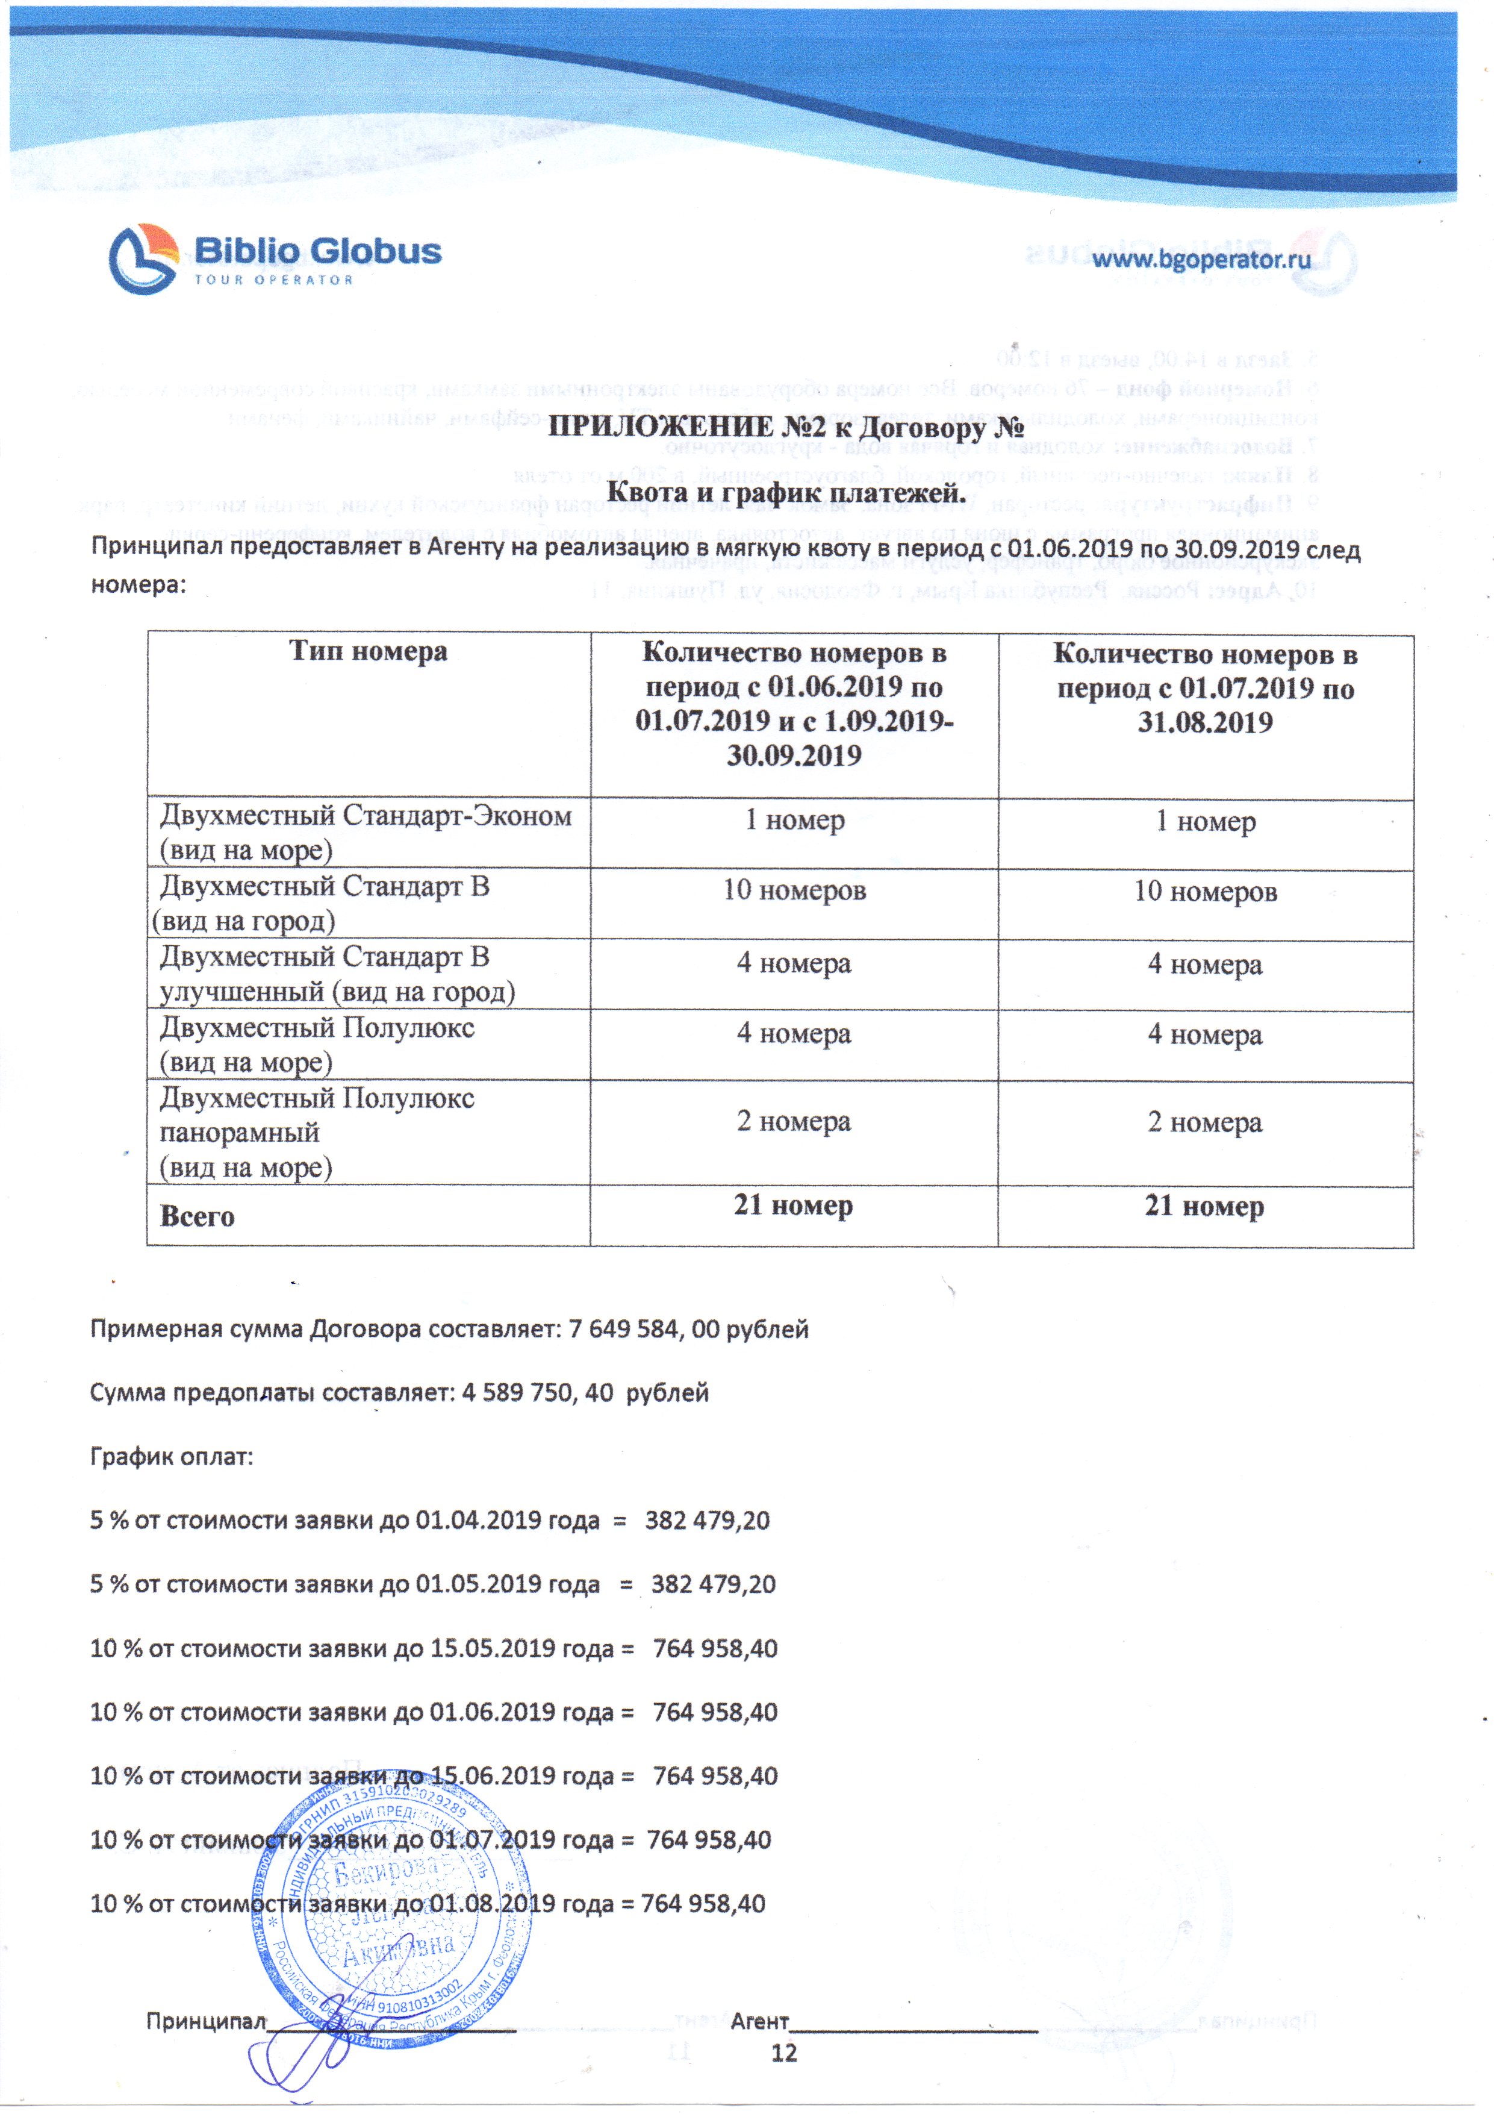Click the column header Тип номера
[368, 651]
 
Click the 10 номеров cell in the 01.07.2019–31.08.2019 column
[1205, 891]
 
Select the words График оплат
[171, 1457]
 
